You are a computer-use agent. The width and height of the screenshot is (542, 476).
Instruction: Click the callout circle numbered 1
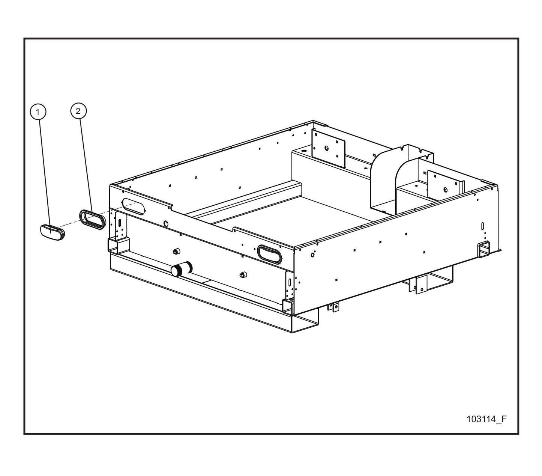(38, 111)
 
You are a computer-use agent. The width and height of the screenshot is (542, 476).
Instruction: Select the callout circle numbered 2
(78, 111)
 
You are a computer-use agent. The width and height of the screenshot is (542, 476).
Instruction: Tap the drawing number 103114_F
(486, 419)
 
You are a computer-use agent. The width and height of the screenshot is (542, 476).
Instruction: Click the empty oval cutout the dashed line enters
(133, 206)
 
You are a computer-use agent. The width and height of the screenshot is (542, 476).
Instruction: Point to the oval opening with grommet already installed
(269, 255)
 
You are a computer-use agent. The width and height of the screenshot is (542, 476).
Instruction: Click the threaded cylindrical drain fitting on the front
(182, 269)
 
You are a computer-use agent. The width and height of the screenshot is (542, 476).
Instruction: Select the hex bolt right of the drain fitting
(243, 274)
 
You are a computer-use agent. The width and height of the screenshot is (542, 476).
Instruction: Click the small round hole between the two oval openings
(166, 223)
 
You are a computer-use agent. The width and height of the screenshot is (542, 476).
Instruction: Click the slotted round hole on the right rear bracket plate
(446, 190)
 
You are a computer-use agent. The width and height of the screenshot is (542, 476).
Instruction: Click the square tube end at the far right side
(484, 249)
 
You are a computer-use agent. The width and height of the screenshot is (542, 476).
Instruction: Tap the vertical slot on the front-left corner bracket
(120, 223)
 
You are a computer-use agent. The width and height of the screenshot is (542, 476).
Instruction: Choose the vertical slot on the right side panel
(482, 226)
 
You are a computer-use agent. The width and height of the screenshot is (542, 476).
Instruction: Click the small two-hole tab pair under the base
(333, 307)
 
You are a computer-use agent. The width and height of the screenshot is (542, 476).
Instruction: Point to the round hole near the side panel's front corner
(312, 255)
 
